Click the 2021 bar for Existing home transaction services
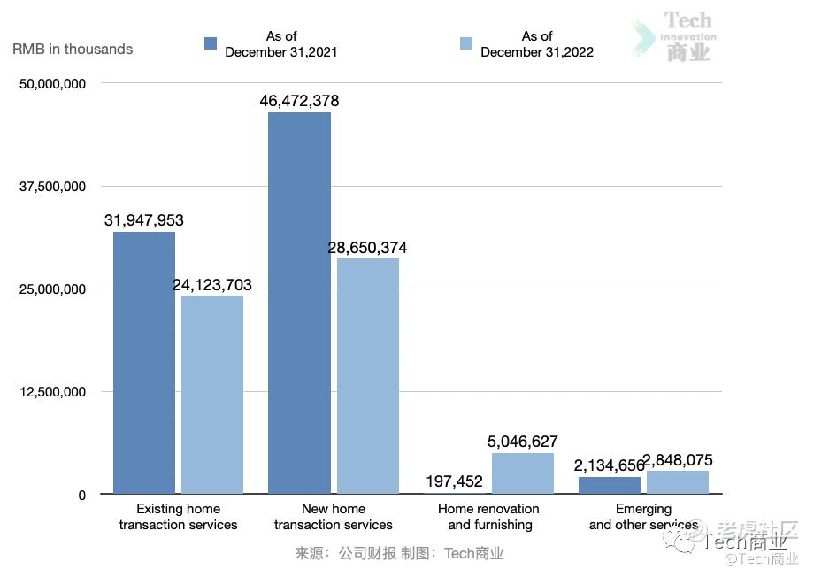coord(144,362)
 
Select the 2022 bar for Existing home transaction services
coord(212,394)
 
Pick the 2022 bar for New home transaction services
coord(368,375)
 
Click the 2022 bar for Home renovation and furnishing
coord(522,473)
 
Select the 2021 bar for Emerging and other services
coord(609,485)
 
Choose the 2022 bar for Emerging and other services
coord(678,482)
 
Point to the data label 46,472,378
coord(299,101)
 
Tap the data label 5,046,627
coord(522,442)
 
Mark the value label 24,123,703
coord(212,285)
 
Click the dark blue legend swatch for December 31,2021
coord(211,43)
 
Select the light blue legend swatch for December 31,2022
coord(466,43)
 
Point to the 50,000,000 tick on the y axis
coord(52,84)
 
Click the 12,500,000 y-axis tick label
coord(52,392)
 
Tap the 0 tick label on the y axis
coord(81,496)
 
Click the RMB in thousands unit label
coord(73,49)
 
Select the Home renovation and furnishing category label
coord(489,517)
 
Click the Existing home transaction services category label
coord(178,517)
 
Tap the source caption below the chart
coord(399,554)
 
